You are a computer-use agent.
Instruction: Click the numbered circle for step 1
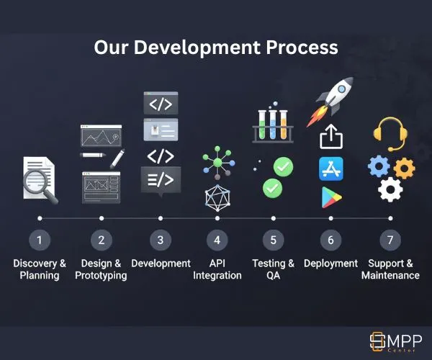(x=40, y=239)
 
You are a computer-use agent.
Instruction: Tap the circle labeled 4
(x=217, y=239)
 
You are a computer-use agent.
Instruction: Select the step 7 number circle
(x=390, y=239)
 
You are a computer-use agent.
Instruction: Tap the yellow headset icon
(x=390, y=132)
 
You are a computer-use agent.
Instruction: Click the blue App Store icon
(x=331, y=168)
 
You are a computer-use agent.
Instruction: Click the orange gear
(x=404, y=168)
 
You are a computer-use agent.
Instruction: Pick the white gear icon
(x=390, y=189)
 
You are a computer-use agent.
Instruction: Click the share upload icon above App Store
(x=330, y=136)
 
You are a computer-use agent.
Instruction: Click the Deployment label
(x=331, y=264)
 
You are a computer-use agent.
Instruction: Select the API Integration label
(x=217, y=269)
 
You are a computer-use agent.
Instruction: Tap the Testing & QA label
(x=273, y=269)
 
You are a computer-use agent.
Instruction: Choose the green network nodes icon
(x=217, y=162)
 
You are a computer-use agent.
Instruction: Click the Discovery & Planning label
(x=40, y=269)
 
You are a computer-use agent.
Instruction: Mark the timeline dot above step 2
(x=102, y=217)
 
